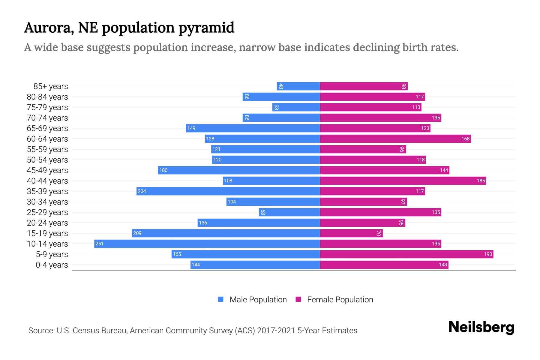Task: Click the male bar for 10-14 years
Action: (x=207, y=244)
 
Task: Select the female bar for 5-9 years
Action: (x=406, y=254)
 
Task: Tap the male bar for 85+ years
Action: (x=298, y=86)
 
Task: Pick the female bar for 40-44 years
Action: (x=403, y=181)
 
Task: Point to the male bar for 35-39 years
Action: (x=228, y=191)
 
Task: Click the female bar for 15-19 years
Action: (x=351, y=233)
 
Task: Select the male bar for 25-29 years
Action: (x=289, y=212)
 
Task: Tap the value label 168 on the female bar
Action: (x=465, y=139)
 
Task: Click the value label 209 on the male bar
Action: (x=137, y=233)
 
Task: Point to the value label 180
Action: (x=163, y=170)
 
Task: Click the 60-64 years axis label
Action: (x=47, y=139)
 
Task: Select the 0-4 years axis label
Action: (x=52, y=265)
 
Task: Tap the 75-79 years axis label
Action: (x=47, y=107)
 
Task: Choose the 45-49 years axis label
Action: (x=47, y=170)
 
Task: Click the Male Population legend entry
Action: (x=258, y=299)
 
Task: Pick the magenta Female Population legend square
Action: (x=298, y=299)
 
